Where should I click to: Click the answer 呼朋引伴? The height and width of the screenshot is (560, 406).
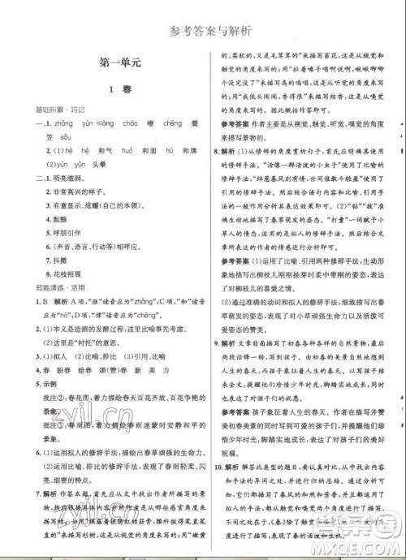tap(64, 230)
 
